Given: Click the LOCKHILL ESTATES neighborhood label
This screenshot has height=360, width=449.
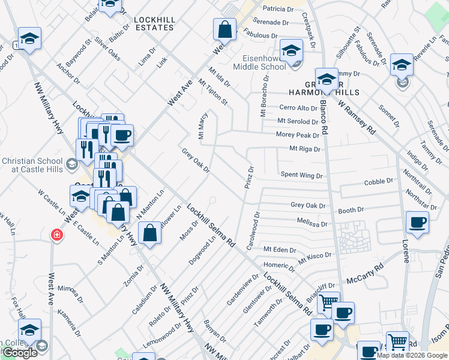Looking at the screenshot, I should (155, 23).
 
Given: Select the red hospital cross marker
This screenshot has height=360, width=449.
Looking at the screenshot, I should (56, 235).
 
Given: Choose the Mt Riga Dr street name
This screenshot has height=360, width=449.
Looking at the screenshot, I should (305, 148).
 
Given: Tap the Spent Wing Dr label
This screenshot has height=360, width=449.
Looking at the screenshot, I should (302, 176).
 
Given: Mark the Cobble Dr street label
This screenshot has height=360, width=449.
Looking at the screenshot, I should (378, 181).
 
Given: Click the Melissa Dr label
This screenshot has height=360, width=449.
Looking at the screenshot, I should (312, 223).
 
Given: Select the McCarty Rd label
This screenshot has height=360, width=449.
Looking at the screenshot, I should (366, 273).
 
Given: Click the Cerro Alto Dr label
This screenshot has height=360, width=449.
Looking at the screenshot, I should (298, 108).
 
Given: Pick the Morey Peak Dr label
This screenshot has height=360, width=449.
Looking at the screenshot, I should (298, 136).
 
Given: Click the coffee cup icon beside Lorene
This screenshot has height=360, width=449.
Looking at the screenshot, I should (418, 222).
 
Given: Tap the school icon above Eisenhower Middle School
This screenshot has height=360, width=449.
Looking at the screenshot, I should (291, 50).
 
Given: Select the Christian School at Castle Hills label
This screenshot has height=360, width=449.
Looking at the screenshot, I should (32, 166).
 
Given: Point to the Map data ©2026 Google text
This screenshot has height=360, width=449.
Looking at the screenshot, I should (411, 355).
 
